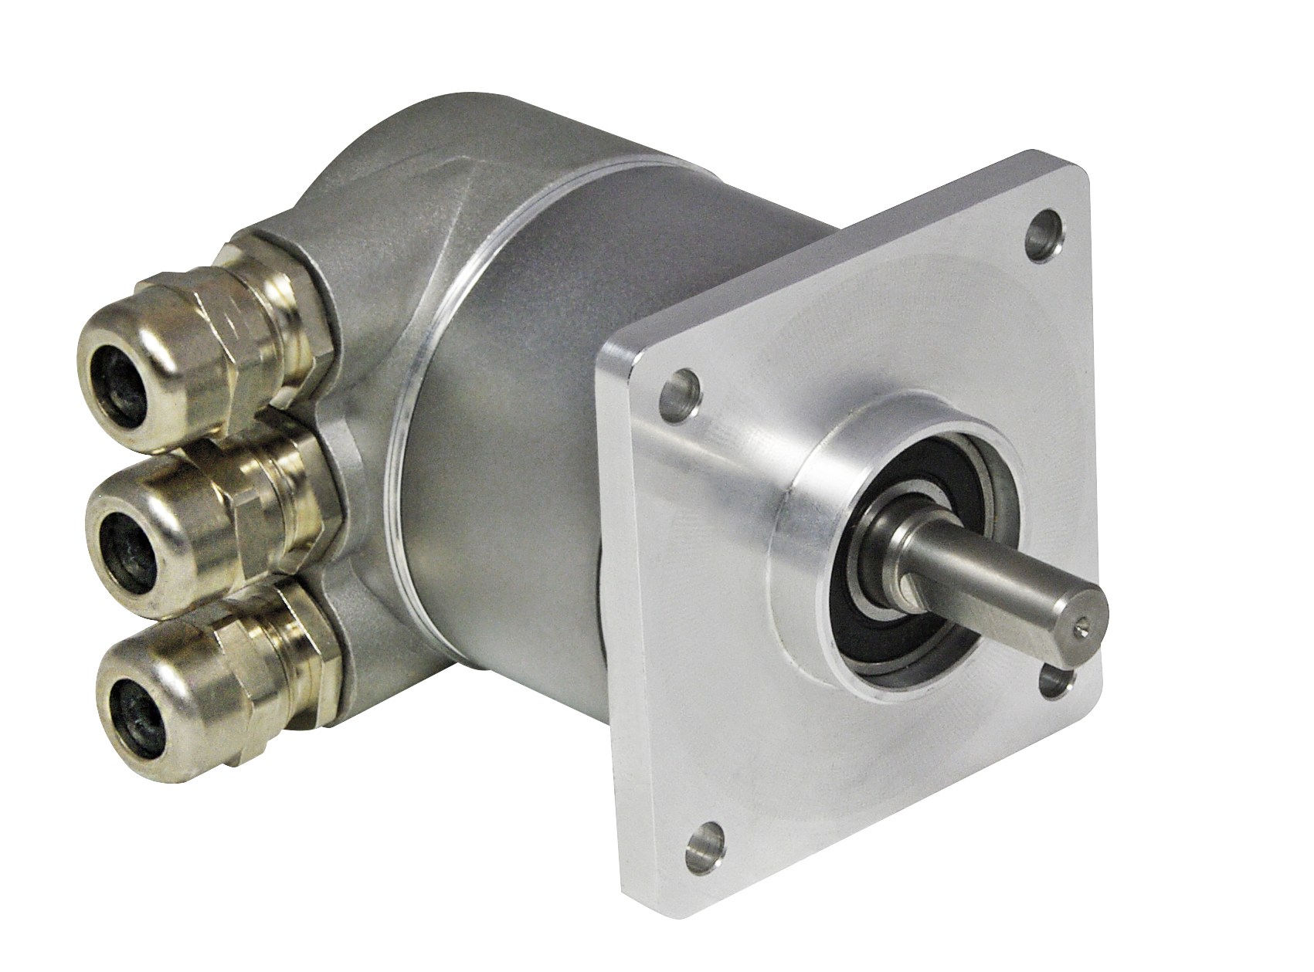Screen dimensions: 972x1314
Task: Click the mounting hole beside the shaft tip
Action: click(1058, 681)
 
